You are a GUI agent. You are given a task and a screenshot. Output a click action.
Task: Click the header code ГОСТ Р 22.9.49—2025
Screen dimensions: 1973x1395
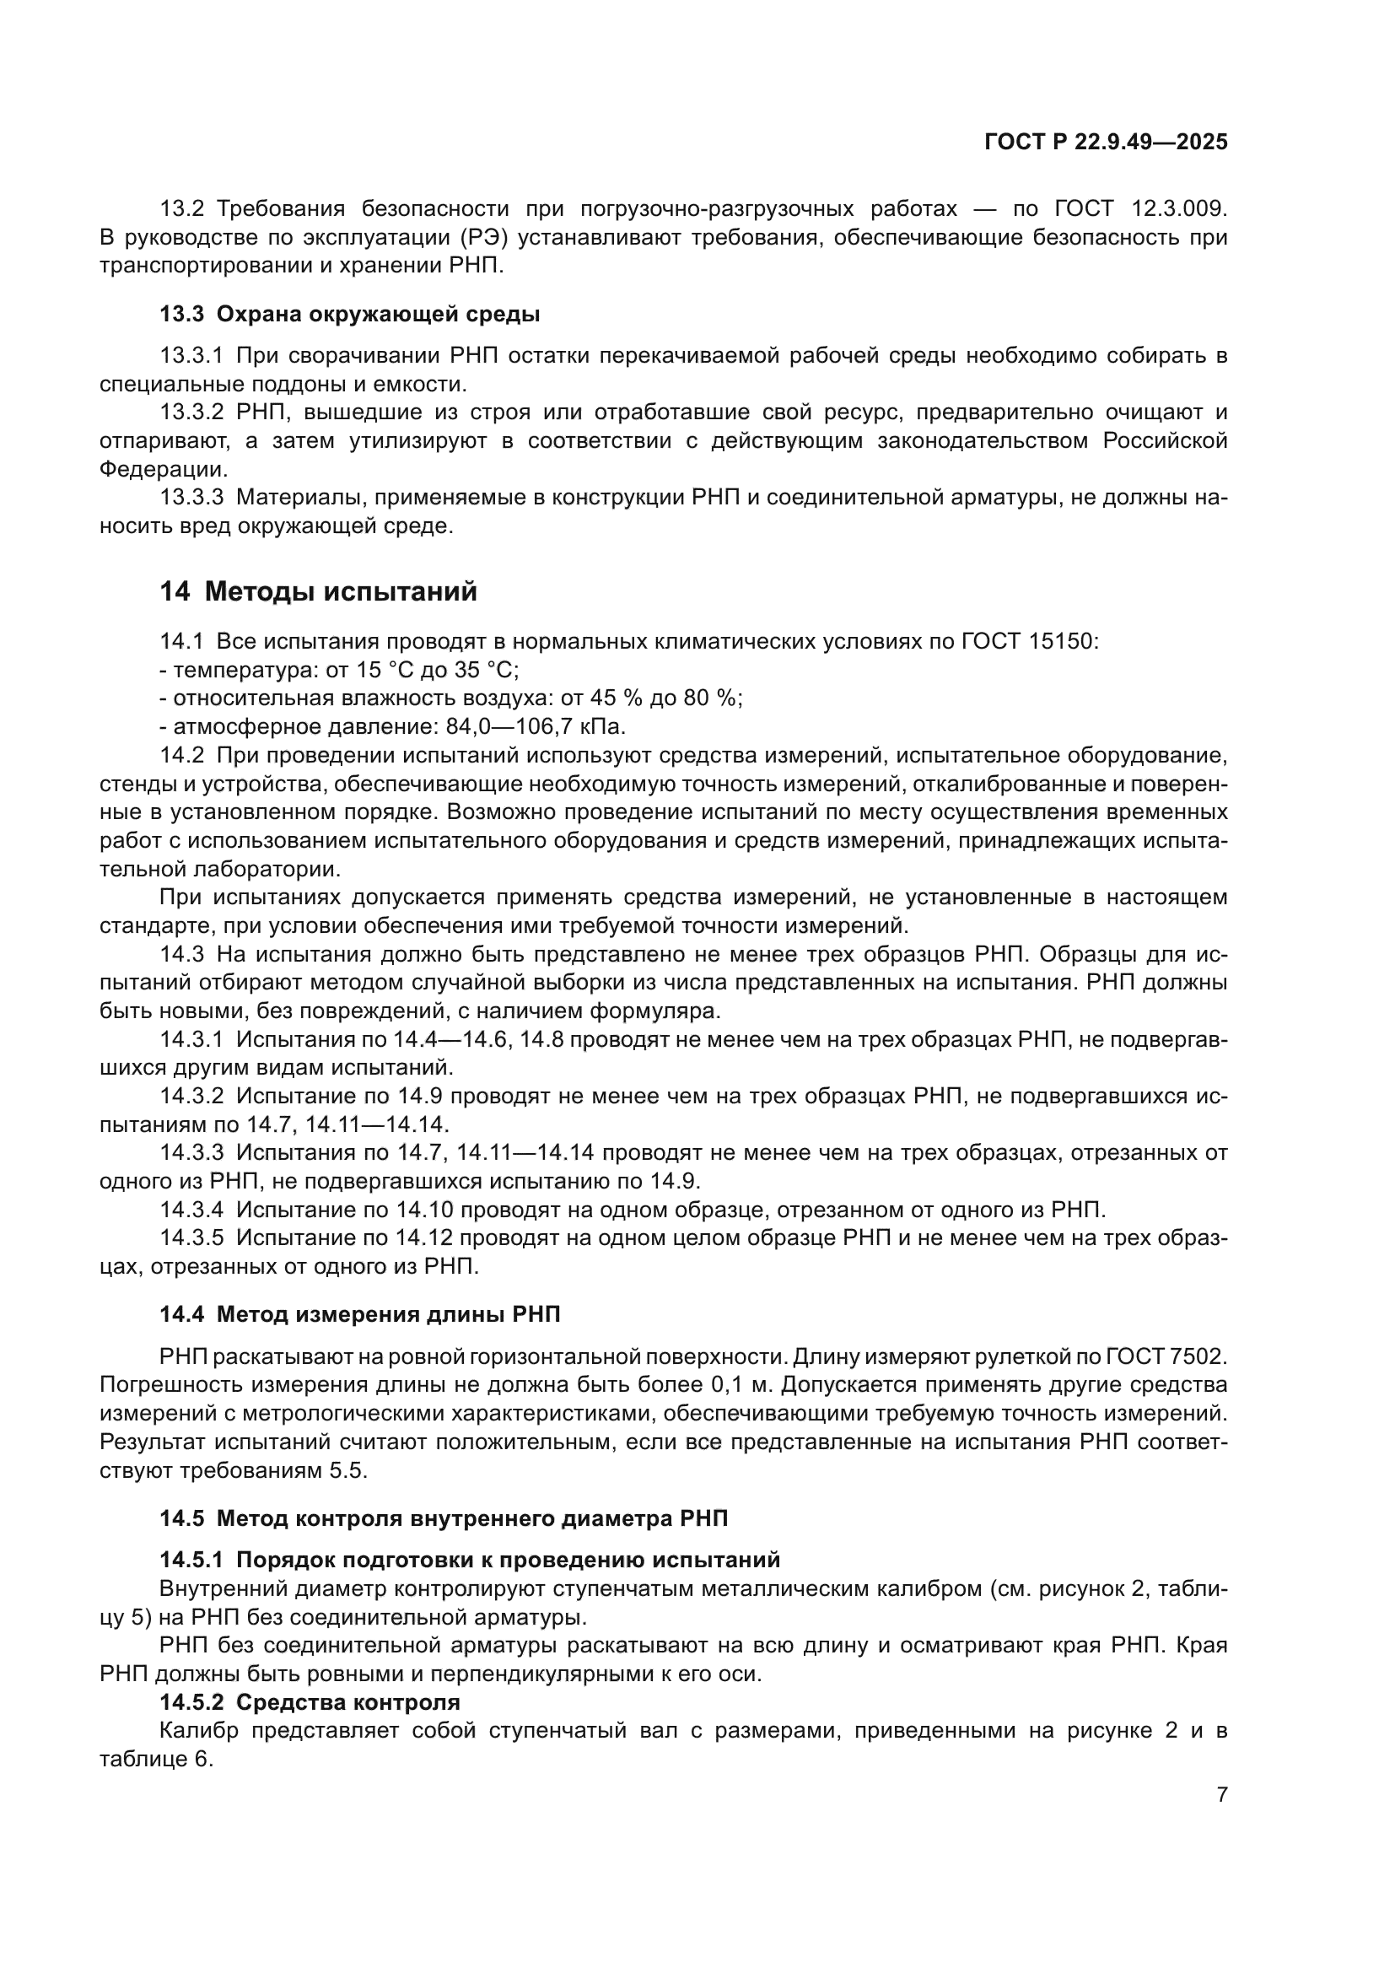pyautogui.click(x=1106, y=143)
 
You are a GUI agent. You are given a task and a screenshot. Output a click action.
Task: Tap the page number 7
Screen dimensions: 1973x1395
pyautogui.click(x=1221, y=1794)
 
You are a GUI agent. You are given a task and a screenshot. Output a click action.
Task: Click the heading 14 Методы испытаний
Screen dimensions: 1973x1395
pyautogui.click(x=318, y=592)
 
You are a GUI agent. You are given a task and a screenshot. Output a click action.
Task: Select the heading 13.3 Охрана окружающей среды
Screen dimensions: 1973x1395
pyautogui.click(x=350, y=315)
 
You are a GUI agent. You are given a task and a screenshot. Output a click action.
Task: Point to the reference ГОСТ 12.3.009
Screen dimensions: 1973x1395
pyautogui.click(x=1140, y=209)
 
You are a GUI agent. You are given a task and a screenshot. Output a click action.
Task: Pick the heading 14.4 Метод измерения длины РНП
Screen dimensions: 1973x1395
pyautogui.click(x=360, y=1314)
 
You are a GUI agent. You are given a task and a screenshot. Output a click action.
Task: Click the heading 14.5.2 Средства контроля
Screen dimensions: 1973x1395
pyautogui.click(x=310, y=1702)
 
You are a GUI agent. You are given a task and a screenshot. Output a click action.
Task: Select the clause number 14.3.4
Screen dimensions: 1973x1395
pyautogui.click(x=191, y=1210)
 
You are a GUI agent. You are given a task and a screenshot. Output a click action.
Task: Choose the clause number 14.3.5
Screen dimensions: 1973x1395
pyautogui.click(x=191, y=1238)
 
